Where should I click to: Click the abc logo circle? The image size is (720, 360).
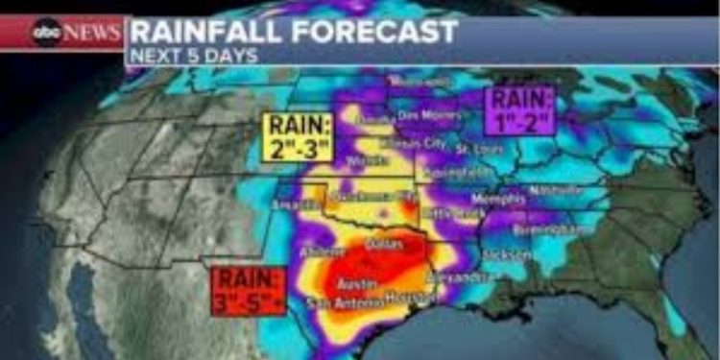(46, 34)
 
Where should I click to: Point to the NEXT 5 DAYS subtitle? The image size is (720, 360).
(193, 55)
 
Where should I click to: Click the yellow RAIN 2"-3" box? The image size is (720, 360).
(299, 136)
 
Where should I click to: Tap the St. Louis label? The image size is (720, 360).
(476, 149)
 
